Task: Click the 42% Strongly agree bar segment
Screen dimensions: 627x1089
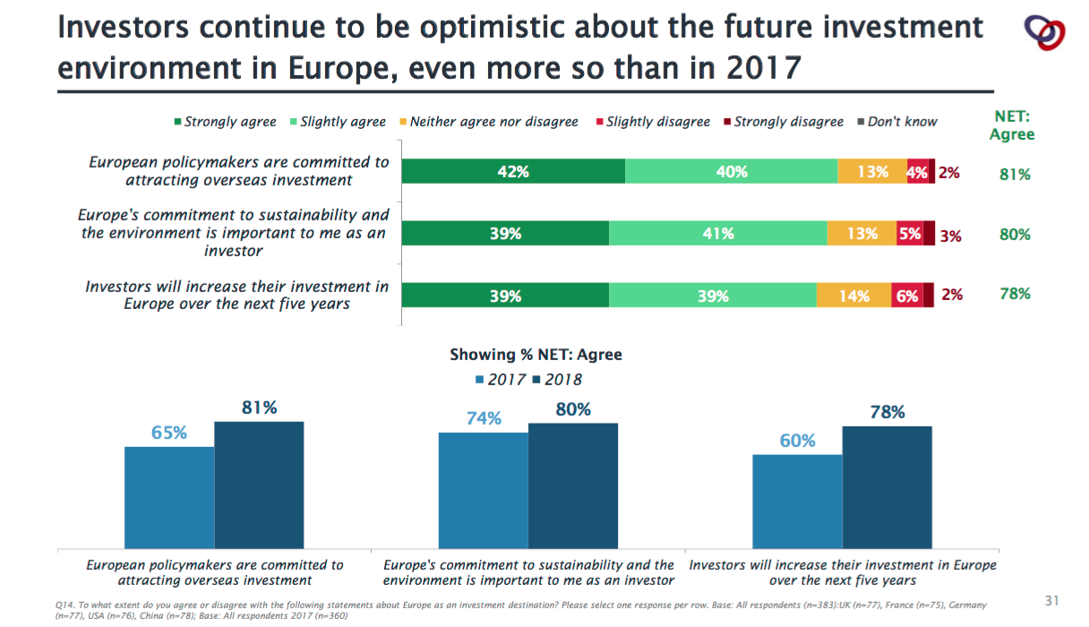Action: [x=513, y=171]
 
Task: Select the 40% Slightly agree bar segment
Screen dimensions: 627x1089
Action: [x=731, y=171]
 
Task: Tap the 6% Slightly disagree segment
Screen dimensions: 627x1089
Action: [x=906, y=296]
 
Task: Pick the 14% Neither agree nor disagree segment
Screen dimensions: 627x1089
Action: [x=853, y=296]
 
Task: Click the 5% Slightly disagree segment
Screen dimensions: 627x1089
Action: [x=909, y=233]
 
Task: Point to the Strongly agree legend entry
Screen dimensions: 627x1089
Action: [x=225, y=122]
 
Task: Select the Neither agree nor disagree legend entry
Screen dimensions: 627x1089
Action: [x=488, y=122]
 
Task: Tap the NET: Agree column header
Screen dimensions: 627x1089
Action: [x=1012, y=125]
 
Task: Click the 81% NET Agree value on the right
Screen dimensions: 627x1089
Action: [x=1015, y=175]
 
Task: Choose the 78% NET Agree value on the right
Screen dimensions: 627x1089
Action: [x=1015, y=294]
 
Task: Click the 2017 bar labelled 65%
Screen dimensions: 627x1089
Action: [x=169, y=497]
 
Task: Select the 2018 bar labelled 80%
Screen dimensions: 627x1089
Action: [x=573, y=485]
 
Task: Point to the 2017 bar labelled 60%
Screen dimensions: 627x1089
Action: [x=797, y=502]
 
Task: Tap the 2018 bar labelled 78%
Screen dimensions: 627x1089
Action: [x=887, y=487]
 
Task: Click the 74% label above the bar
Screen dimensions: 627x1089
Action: [x=484, y=418]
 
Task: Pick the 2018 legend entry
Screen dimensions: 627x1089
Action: [x=557, y=380]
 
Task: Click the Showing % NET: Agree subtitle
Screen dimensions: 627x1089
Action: [x=536, y=355]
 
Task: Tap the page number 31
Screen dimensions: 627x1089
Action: [x=1052, y=599]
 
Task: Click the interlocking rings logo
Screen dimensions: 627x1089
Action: [x=1043, y=33]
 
